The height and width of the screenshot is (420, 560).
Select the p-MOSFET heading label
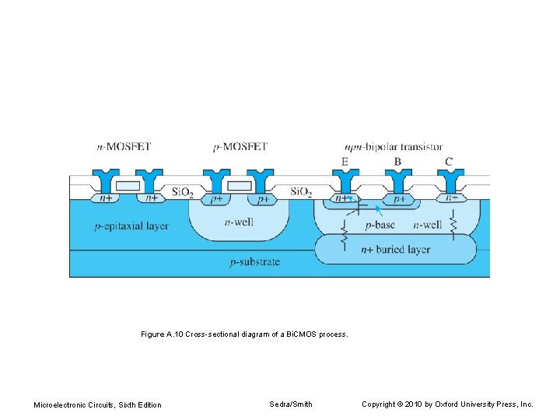tap(240, 146)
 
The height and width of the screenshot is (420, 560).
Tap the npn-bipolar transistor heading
tap(394, 146)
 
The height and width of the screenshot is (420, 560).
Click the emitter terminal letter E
tap(344, 162)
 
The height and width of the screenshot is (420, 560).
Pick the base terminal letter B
tap(397, 162)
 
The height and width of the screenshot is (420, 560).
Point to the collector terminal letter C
tap(449, 162)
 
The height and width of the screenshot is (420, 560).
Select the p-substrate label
tap(255, 262)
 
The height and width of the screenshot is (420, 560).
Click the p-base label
tap(380, 226)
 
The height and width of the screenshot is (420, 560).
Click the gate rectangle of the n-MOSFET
tap(128, 186)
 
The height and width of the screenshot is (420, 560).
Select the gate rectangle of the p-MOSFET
tap(240, 186)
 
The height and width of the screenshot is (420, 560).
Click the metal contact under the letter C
tap(450, 181)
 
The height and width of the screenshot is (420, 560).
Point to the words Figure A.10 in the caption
tap(163, 334)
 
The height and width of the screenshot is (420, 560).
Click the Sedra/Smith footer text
tap(291, 404)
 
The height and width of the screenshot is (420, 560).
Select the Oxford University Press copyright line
tap(448, 404)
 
